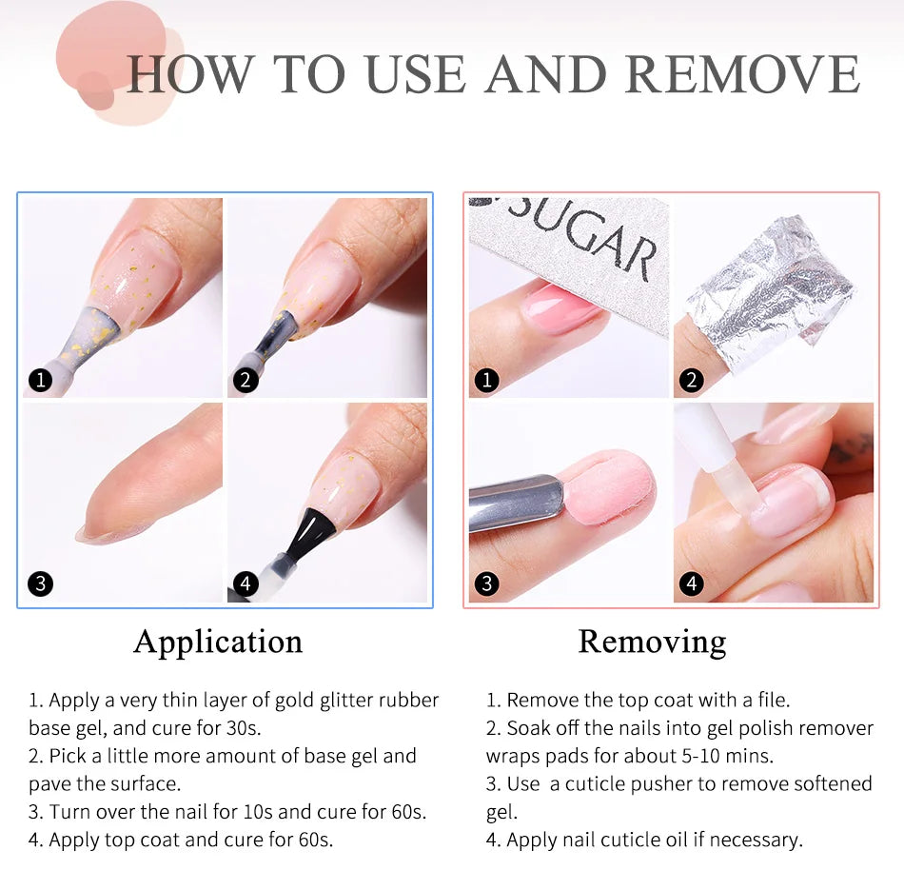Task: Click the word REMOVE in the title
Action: tap(742, 74)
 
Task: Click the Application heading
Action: tap(218, 642)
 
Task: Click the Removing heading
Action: tap(652, 642)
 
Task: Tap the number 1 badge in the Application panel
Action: tap(40, 380)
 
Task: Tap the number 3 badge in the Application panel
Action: tap(40, 583)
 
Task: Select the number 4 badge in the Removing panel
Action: tap(691, 583)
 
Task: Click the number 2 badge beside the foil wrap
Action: tap(691, 381)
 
